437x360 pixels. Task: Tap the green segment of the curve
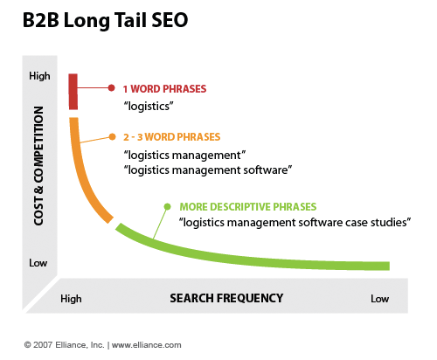tap(262, 253)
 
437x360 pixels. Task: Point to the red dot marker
tap(111, 87)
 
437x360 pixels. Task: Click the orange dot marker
tap(111, 136)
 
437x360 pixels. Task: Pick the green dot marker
tap(168, 206)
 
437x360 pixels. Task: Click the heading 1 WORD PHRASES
tap(164, 88)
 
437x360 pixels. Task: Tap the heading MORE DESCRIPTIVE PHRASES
tap(247, 207)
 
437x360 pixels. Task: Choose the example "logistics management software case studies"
tap(295, 223)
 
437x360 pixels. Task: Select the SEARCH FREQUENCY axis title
tap(226, 298)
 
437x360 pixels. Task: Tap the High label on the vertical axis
tap(39, 77)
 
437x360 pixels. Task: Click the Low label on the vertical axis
tap(39, 263)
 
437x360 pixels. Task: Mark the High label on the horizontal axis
tap(71, 299)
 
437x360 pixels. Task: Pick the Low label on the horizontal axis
tap(379, 299)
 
